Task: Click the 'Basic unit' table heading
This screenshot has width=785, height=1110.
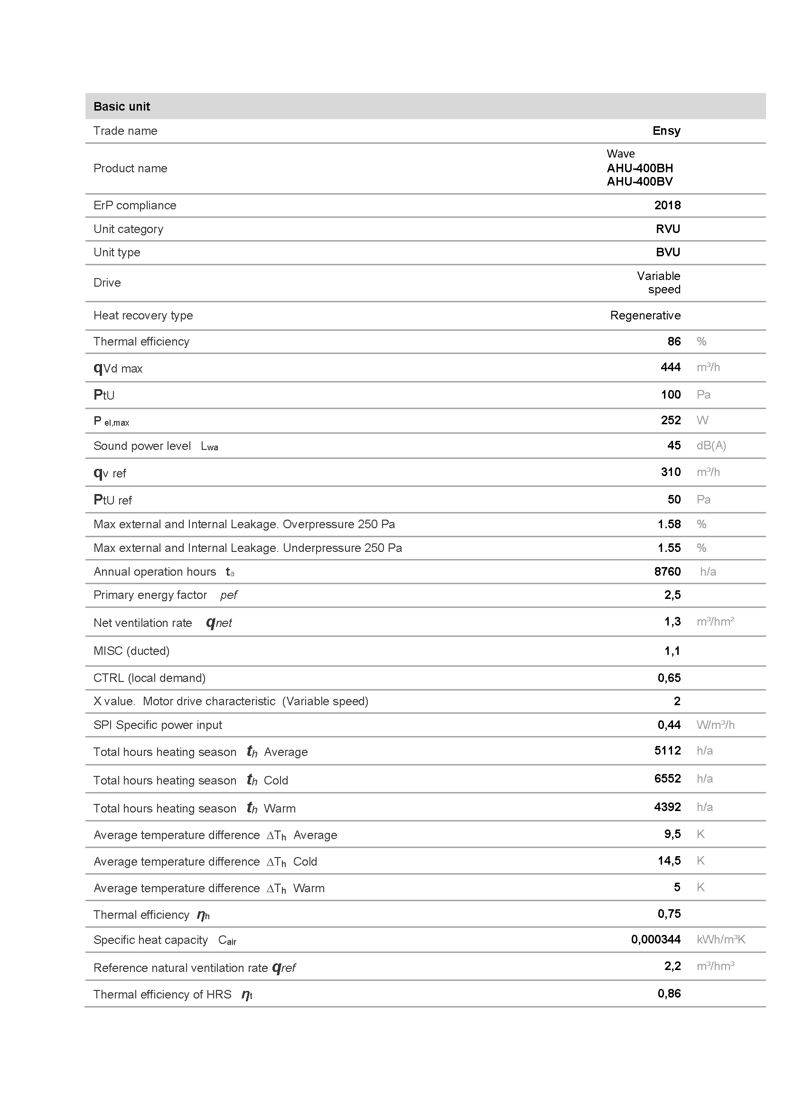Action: [x=121, y=106]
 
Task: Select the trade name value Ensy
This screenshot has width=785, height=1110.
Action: [x=666, y=131]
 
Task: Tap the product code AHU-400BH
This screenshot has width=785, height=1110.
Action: [x=639, y=168]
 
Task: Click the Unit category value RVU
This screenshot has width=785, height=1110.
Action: [x=668, y=229]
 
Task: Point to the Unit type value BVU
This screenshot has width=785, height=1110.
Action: [x=668, y=252]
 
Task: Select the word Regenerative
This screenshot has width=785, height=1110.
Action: [x=645, y=316]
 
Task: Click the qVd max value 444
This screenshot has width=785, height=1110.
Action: [x=671, y=367]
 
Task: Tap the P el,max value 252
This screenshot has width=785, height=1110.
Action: [x=671, y=420]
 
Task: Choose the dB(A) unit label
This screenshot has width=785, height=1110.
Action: [x=711, y=446]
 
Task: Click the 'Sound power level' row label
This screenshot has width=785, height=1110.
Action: [x=141, y=446]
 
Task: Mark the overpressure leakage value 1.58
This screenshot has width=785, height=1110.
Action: [x=669, y=524]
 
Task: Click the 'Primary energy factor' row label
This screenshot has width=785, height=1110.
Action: [x=150, y=595]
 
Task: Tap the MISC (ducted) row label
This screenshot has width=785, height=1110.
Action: [x=131, y=651]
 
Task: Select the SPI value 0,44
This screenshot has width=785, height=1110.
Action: [x=669, y=725]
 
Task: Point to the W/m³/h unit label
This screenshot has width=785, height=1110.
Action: [x=715, y=725]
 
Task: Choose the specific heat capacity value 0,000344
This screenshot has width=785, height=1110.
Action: [x=655, y=939]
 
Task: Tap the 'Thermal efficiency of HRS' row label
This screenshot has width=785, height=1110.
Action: [x=162, y=995]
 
